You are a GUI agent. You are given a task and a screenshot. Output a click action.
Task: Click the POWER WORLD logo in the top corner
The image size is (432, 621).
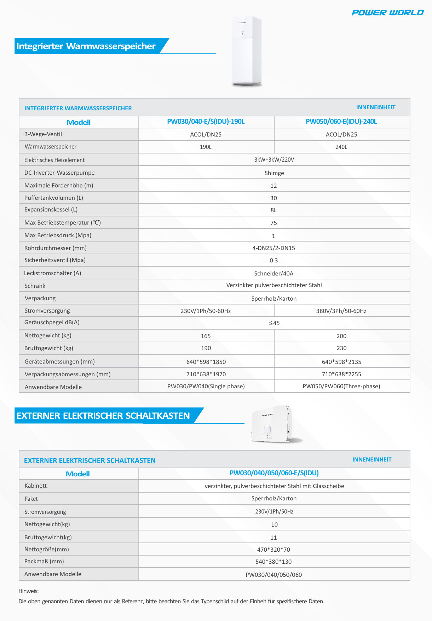click(x=387, y=13)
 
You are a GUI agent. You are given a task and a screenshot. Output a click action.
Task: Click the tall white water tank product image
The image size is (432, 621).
click(x=247, y=51)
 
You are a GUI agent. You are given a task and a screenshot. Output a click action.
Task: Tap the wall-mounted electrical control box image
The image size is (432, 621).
click(x=272, y=424)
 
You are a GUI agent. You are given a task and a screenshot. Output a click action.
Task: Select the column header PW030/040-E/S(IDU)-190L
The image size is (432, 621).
click(x=206, y=122)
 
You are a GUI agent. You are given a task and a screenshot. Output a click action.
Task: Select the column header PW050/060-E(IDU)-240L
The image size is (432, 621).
click(x=341, y=122)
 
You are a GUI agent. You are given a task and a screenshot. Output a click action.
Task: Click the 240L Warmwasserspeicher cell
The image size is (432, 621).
click(x=341, y=147)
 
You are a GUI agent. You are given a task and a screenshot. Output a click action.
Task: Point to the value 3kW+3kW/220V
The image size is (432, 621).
click(x=274, y=159)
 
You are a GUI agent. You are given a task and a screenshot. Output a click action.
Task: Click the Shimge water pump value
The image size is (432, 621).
click(x=274, y=173)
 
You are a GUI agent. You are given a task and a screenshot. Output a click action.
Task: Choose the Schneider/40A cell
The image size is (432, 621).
click(x=274, y=273)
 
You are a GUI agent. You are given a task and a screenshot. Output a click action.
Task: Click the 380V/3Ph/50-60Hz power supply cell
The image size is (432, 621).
click(x=341, y=311)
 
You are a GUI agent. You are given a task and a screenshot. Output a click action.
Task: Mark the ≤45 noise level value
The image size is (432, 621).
click(x=274, y=323)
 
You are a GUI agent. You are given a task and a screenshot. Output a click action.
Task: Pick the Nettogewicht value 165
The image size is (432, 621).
click(x=206, y=336)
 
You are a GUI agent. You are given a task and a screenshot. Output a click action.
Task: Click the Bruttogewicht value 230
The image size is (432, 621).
click(x=341, y=348)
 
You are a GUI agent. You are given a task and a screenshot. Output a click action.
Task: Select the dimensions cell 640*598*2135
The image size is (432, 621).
click(x=341, y=362)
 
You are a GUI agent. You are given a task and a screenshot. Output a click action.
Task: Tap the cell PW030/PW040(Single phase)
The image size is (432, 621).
click(x=206, y=386)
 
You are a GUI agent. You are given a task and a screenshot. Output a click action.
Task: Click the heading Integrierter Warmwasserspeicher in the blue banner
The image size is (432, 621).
click(x=86, y=46)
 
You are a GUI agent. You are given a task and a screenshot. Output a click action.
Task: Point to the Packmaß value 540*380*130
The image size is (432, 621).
click(x=273, y=562)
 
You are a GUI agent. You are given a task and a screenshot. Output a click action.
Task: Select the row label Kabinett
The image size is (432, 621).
click(x=35, y=486)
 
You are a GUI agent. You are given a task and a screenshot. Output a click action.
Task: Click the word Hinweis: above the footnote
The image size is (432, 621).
click(x=29, y=591)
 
